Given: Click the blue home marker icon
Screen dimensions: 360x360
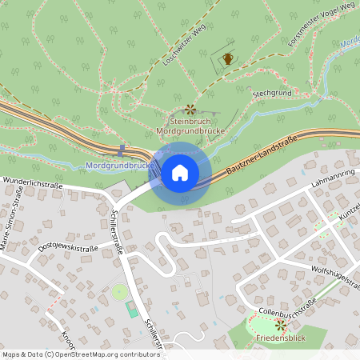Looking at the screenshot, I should [180, 172].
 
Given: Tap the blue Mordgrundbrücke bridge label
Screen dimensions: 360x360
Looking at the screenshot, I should [118, 166].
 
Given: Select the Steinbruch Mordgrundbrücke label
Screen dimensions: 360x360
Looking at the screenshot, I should [190, 125].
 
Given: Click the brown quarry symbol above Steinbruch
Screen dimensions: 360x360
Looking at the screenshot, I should [190, 109].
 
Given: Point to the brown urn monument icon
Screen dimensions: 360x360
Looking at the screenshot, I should [228, 58].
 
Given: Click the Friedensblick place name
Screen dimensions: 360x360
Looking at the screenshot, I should [279, 338].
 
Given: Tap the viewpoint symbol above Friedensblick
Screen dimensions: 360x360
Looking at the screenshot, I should [280, 325].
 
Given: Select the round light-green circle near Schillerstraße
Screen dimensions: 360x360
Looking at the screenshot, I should [119, 293].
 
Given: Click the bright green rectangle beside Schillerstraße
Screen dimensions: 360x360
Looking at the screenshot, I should [131, 309].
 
